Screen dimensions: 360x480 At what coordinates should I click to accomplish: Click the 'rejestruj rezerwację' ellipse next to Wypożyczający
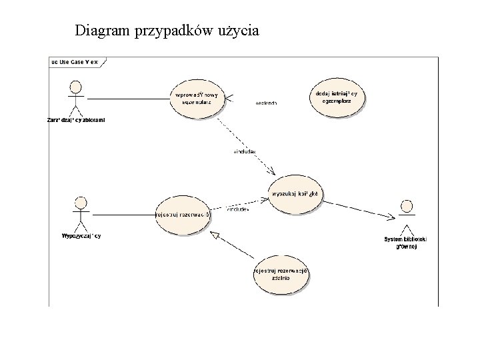click(x=182, y=215)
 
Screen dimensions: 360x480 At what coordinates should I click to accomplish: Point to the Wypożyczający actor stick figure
click(x=81, y=212)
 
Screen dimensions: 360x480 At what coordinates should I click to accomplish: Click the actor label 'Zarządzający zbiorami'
click(x=76, y=120)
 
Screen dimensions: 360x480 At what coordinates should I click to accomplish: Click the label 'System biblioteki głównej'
click(x=406, y=243)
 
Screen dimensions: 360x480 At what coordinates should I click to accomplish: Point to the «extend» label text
click(x=266, y=103)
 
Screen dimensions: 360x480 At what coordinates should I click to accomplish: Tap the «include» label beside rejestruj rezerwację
click(x=238, y=209)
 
